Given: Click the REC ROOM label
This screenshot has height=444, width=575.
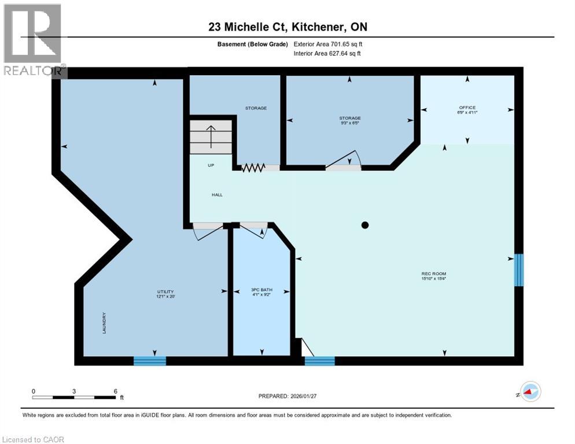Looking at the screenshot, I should (x=434, y=273).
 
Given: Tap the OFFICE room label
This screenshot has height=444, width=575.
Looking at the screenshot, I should (x=467, y=108).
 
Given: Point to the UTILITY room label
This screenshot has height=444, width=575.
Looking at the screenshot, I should (x=165, y=291).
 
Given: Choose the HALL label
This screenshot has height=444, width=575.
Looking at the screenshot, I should (x=217, y=195).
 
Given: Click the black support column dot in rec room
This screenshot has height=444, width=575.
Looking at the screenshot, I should (x=365, y=225).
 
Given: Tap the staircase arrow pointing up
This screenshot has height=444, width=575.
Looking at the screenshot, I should (x=211, y=136).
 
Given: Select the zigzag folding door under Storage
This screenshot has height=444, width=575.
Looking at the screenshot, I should (x=253, y=168).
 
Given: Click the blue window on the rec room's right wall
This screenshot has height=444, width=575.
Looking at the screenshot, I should (x=519, y=270).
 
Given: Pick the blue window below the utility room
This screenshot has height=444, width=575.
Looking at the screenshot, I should (x=150, y=361).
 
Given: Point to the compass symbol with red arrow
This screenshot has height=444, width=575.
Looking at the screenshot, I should (x=530, y=392).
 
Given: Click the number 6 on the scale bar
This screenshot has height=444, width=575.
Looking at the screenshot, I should (x=115, y=391).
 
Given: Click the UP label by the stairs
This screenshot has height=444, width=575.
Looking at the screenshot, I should (x=211, y=165).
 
